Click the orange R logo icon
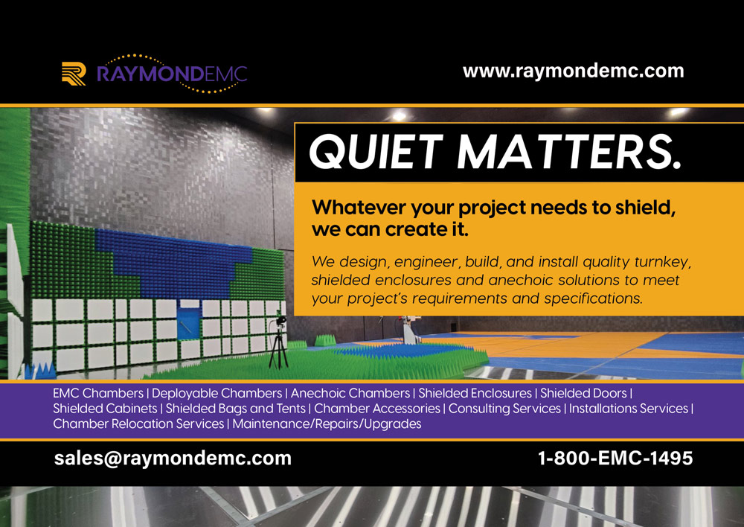[x=73, y=74]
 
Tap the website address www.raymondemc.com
[x=573, y=71]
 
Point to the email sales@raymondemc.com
[x=173, y=458]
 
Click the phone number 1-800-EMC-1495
[x=615, y=458]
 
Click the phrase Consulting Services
[x=504, y=409]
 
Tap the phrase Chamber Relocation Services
[x=138, y=424]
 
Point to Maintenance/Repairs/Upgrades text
[x=327, y=424]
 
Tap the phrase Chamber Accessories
[x=377, y=409]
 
